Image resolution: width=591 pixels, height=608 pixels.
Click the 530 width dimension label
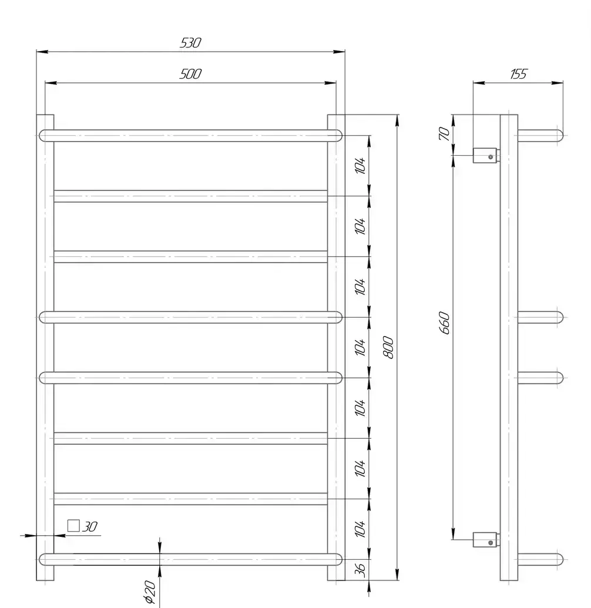(190, 43)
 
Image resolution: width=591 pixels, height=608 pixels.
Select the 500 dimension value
(190, 73)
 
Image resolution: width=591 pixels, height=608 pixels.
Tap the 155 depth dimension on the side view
(519, 73)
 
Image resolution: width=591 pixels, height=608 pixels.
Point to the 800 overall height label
(388, 347)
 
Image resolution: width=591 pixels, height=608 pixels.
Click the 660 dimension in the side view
(444, 323)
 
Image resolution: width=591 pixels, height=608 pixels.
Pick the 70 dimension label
(444, 133)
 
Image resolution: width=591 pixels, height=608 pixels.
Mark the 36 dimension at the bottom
(360, 570)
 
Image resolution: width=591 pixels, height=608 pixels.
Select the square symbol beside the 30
(73, 526)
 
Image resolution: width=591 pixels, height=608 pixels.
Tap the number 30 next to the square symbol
(89, 526)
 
